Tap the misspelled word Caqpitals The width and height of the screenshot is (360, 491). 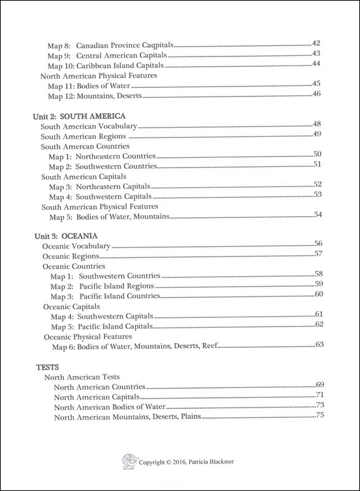point(155,45)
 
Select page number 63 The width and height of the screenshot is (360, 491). point(319,344)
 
